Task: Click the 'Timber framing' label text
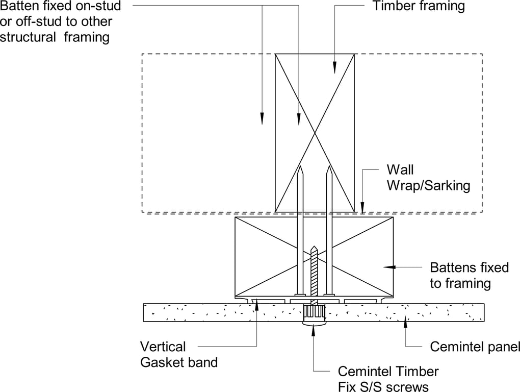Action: (x=419, y=7)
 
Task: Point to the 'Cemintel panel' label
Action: (x=475, y=347)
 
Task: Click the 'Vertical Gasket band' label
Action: (x=179, y=355)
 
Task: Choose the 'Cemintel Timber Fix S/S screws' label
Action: (x=388, y=379)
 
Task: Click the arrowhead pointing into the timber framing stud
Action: (x=335, y=68)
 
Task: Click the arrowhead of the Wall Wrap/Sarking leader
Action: (x=362, y=207)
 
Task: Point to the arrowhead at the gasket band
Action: (x=256, y=305)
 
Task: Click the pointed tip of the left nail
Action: (x=300, y=168)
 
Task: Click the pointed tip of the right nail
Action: (x=329, y=168)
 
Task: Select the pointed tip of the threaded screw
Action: (x=314, y=248)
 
